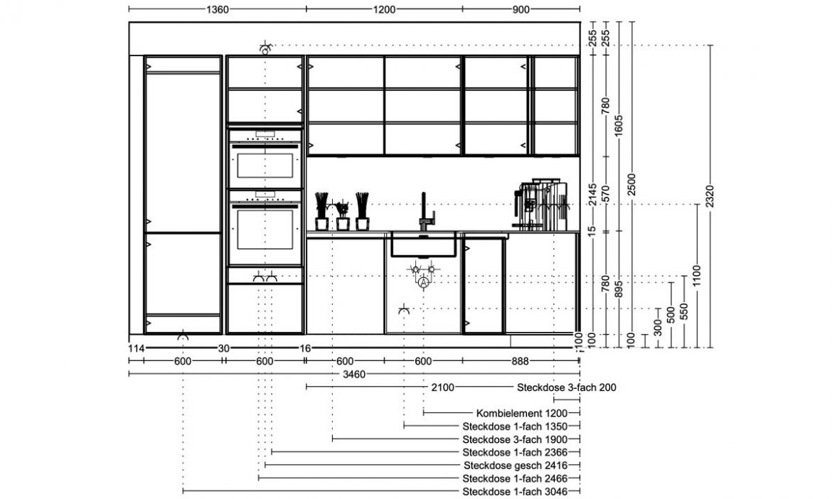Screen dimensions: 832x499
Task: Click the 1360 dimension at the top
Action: pyautogui.click(x=217, y=9)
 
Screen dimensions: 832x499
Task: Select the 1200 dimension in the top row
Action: pyautogui.click(x=383, y=9)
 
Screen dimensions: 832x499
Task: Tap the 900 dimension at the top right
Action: pyautogui.click(x=521, y=9)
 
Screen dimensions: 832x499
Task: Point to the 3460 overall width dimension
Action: pyautogui.click(x=354, y=375)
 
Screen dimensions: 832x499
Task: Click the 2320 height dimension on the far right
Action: pyautogui.click(x=710, y=196)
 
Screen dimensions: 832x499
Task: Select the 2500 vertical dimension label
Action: pyautogui.click(x=631, y=185)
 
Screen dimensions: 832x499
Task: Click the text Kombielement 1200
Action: pyautogui.click(x=521, y=413)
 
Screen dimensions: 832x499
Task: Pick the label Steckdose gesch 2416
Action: pyautogui.click(x=516, y=466)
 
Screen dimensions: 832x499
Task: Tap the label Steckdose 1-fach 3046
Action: pyautogui.click(x=516, y=492)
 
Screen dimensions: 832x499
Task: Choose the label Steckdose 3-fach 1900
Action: pyautogui.click(x=516, y=439)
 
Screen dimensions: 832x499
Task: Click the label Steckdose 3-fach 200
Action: pyautogui.click(x=567, y=387)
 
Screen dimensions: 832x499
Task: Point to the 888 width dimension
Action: pyautogui.click(x=520, y=362)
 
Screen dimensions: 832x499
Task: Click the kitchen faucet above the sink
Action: pyautogui.click(x=426, y=212)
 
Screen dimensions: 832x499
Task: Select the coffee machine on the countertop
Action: pyautogui.click(x=540, y=205)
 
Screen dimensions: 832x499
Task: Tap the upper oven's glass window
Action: pyautogui.click(x=265, y=166)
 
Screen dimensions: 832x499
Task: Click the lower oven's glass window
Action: pyautogui.click(x=265, y=229)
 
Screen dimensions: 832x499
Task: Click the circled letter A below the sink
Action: pyautogui.click(x=423, y=284)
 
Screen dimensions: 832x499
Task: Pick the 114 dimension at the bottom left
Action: pyautogui.click(x=137, y=348)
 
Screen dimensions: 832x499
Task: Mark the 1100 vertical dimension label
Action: pyautogui.click(x=697, y=276)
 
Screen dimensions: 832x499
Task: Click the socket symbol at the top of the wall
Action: pyautogui.click(x=265, y=48)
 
